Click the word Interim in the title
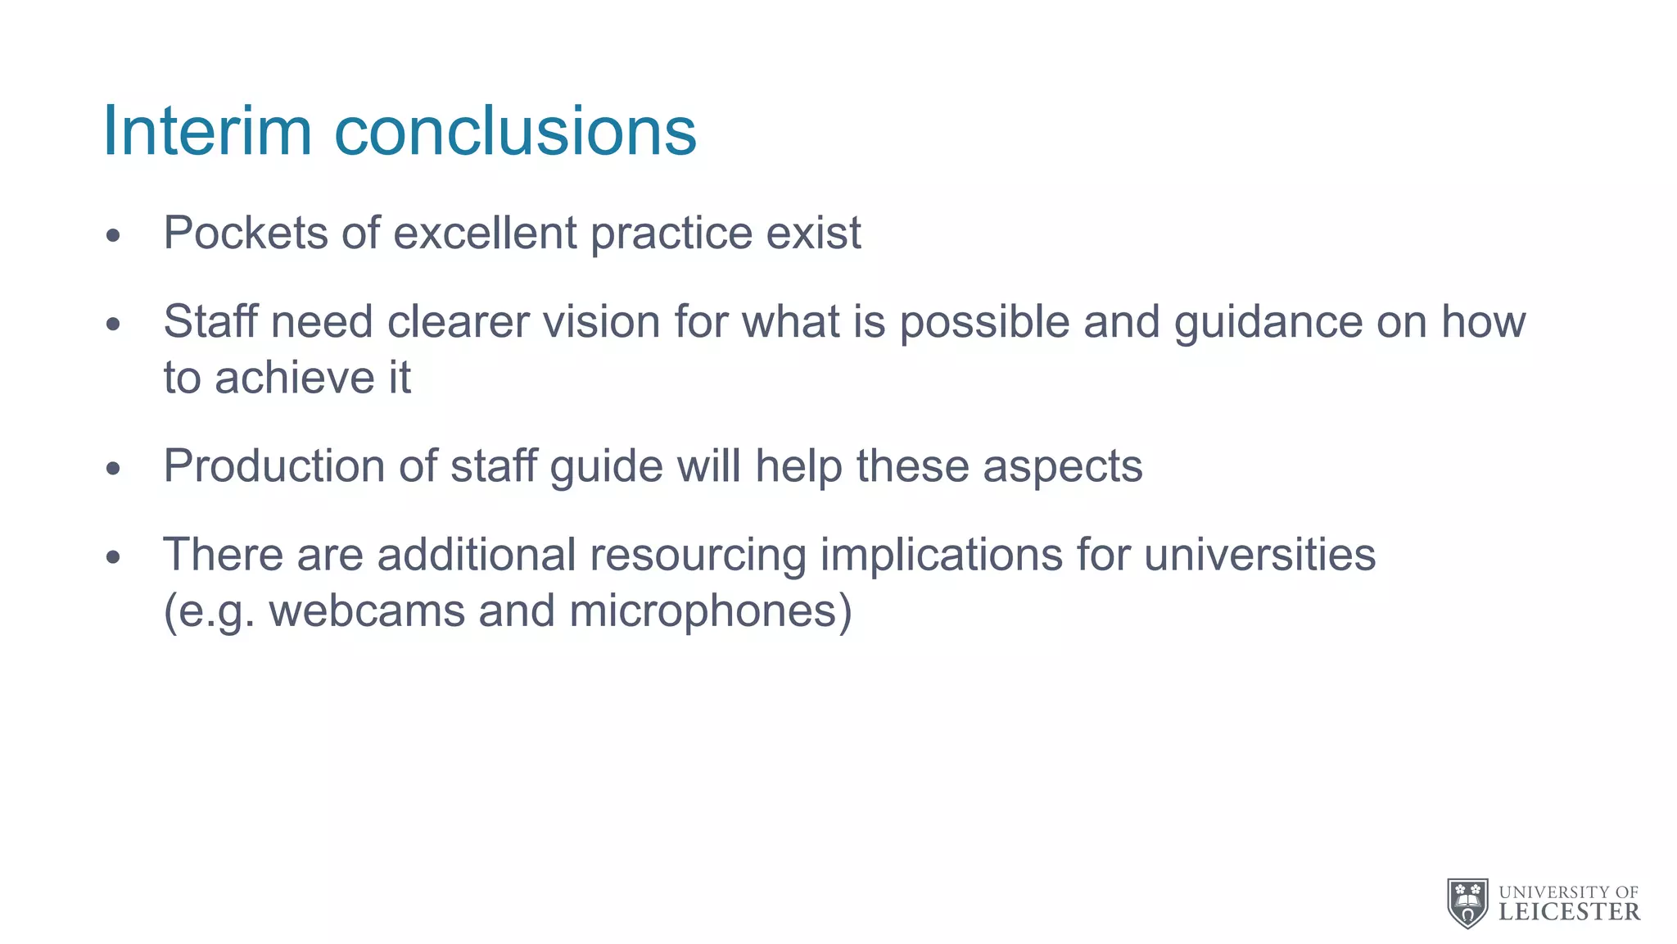point(206,132)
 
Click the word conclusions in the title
point(515,132)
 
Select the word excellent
point(485,233)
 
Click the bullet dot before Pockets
point(113,237)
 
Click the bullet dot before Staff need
point(113,324)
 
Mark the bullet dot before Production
point(113,470)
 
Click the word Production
point(274,466)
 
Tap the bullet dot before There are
point(113,558)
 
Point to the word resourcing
point(698,555)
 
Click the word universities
point(1259,555)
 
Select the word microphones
point(709,611)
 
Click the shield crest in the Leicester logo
point(1467,903)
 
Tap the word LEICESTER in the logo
point(1569,912)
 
